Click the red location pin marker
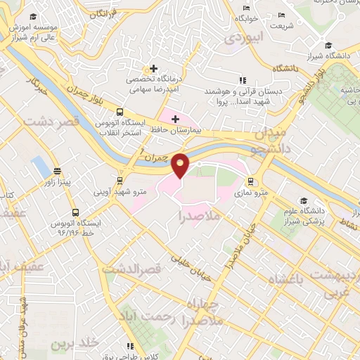pos(181,165)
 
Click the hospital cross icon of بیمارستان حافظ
pos(175,119)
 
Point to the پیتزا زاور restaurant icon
pos(56,171)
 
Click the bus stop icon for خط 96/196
pos(75,212)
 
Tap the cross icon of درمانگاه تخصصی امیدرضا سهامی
pos(153,68)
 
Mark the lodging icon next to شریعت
pos(282,15)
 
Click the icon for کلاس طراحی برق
pos(130,345)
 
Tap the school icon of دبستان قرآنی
pos(242,81)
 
